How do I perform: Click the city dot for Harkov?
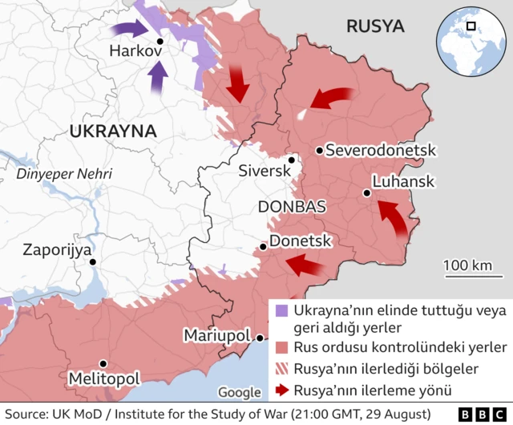160,41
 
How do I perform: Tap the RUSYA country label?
374,26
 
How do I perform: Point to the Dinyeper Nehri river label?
66,173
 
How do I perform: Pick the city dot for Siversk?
293,160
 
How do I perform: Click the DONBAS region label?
292,206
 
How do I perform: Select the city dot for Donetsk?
263,247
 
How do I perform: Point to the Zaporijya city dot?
93,261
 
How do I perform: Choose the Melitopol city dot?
101,362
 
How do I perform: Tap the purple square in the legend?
281,310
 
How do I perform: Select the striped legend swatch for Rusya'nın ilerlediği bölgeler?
281,369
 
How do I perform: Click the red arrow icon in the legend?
281,390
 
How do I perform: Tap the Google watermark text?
240,392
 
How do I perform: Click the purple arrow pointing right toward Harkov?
126,30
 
